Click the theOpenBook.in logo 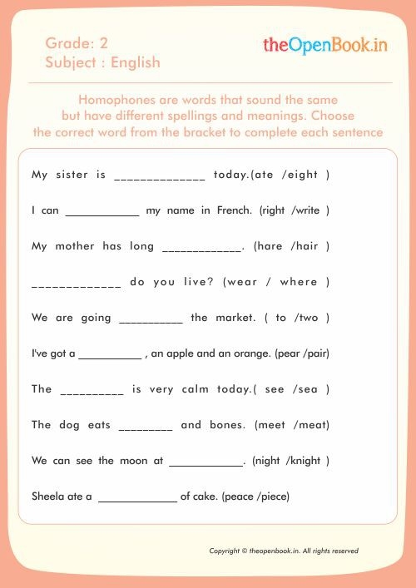(x=325, y=45)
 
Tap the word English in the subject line (x=136, y=62)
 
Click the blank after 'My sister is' (x=160, y=176)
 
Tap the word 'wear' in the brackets (x=243, y=282)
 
